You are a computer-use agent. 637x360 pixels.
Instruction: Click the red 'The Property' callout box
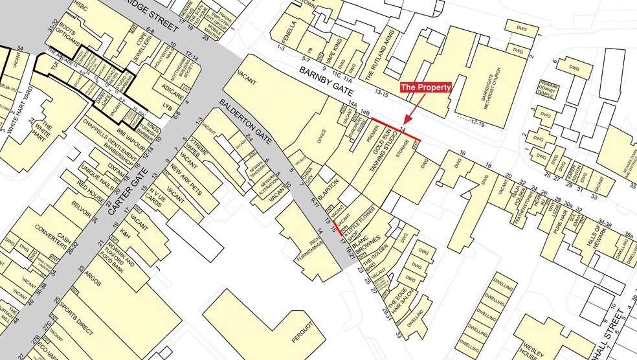[425, 87]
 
